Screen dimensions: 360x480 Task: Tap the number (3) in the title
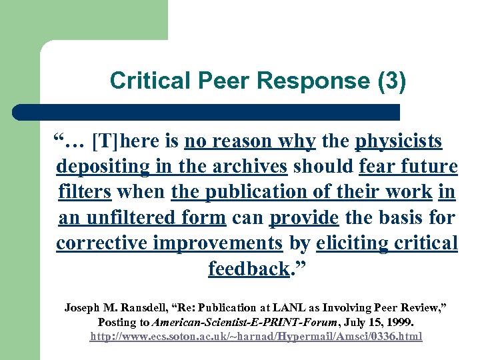(x=391, y=81)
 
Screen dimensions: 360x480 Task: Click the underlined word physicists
(x=399, y=141)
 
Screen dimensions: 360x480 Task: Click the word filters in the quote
(x=84, y=192)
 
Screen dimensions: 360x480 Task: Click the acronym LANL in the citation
(x=278, y=307)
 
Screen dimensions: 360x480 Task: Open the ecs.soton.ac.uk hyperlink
(x=256, y=337)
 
